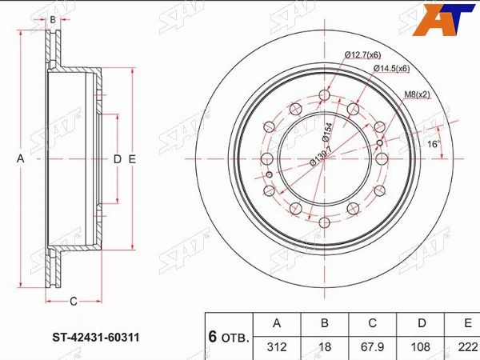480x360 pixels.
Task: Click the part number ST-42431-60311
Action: (x=96, y=338)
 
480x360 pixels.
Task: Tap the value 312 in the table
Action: (x=277, y=347)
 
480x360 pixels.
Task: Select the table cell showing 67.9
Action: (x=372, y=347)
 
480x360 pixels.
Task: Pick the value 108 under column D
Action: (x=421, y=347)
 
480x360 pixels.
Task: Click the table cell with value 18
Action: (x=325, y=347)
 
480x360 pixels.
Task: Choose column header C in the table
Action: (x=372, y=323)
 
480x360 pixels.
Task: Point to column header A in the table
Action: (x=277, y=323)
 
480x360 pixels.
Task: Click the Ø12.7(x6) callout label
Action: (x=362, y=55)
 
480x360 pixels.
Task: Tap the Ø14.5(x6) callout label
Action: (x=391, y=69)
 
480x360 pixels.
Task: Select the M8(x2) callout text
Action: (x=418, y=95)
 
